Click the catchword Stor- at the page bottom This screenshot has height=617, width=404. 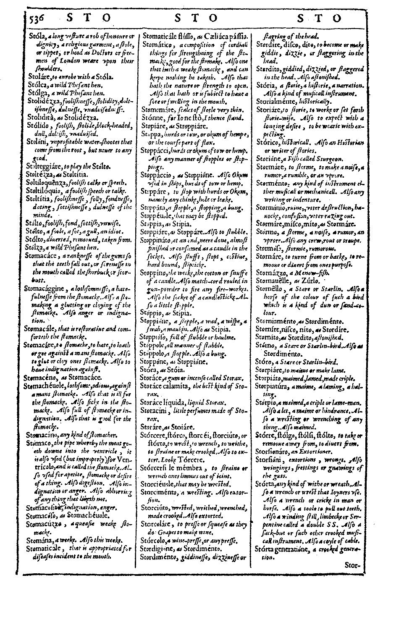[353, 565]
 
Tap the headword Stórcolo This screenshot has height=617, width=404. [155, 540]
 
